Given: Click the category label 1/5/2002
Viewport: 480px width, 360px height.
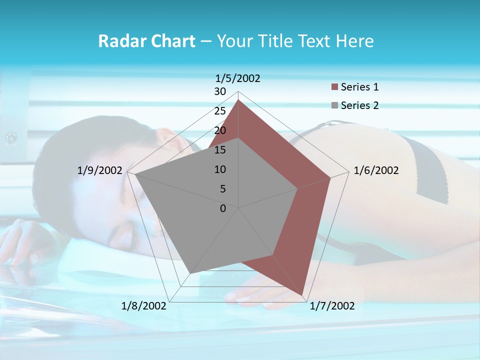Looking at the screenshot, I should [x=238, y=78].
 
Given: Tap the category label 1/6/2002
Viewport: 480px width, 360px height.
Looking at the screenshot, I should [x=376, y=170].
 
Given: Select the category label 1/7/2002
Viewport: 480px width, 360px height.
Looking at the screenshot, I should [x=332, y=306].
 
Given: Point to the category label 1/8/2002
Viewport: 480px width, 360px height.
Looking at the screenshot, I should [x=144, y=306].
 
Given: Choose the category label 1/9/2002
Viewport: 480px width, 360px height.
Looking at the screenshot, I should [x=100, y=170].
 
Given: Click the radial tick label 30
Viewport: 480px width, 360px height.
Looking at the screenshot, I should [x=220, y=91].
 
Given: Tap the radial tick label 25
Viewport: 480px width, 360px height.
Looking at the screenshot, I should [x=220, y=111].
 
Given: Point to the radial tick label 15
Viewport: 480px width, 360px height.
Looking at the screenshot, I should [x=220, y=150].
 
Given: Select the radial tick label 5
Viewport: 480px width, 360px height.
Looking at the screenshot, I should [x=222, y=189].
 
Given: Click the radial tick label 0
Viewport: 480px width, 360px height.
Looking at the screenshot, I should [x=223, y=208].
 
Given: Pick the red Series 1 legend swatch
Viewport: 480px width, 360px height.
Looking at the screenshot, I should [x=335, y=87].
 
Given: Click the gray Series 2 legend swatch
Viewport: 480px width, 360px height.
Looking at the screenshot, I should [x=335, y=105].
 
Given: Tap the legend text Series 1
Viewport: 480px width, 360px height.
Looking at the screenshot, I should [x=359, y=87].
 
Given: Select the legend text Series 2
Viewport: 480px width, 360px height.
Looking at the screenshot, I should [x=359, y=105].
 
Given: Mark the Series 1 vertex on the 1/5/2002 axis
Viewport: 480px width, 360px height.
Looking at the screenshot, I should [x=238, y=100].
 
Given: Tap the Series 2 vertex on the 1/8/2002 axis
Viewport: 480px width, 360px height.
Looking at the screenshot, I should [x=190, y=273].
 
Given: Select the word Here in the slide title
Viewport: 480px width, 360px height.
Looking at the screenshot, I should [x=355, y=41].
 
